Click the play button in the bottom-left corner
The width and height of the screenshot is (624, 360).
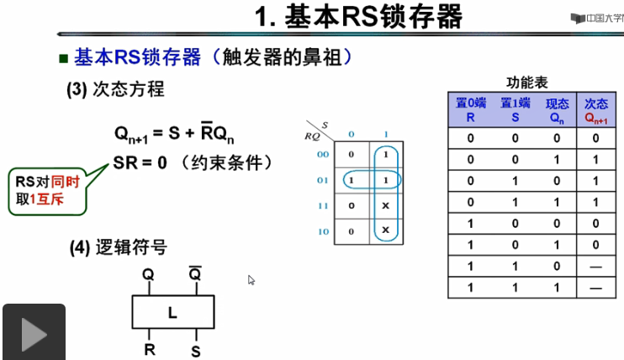tap(33, 332)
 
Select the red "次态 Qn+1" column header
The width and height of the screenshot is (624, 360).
tap(596, 110)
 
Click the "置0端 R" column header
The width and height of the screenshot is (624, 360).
tap(470, 110)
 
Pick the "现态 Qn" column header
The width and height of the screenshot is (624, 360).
tap(557, 110)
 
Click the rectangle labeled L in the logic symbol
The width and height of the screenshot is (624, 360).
tap(172, 313)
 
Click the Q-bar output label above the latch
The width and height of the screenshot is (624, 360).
tap(194, 274)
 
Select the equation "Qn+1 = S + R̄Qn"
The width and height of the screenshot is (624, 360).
tap(174, 133)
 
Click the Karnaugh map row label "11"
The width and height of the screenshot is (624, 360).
tap(322, 205)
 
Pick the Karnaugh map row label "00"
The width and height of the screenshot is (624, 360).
tap(322, 155)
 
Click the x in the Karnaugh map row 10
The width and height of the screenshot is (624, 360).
tap(385, 230)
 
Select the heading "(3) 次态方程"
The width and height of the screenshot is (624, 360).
tap(115, 89)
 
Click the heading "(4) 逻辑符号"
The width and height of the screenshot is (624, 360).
tap(118, 247)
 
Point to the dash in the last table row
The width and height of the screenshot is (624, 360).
tap(596, 287)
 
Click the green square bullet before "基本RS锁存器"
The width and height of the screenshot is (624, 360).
tap(62, 59)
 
